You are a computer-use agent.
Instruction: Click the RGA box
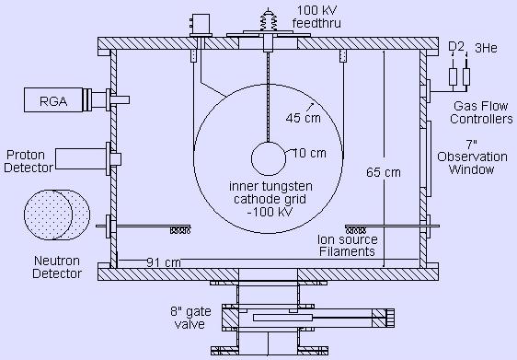click(x=53, y=100)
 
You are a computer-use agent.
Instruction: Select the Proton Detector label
click(x=29, y=161)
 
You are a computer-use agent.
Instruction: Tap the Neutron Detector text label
click(x=57, y=267)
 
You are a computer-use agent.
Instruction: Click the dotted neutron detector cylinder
click(x=57, y=215)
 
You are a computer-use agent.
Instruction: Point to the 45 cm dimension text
click(x=303, y=118)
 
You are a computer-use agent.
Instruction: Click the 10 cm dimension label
click(x=309, y=153)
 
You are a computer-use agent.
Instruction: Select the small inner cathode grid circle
click(x=269, y=158)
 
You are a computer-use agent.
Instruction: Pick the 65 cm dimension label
click(x=384, y=172)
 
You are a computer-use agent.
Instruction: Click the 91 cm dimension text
click(x=164, y=262)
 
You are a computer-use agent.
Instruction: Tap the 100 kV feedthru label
click(x=316, y=17)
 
